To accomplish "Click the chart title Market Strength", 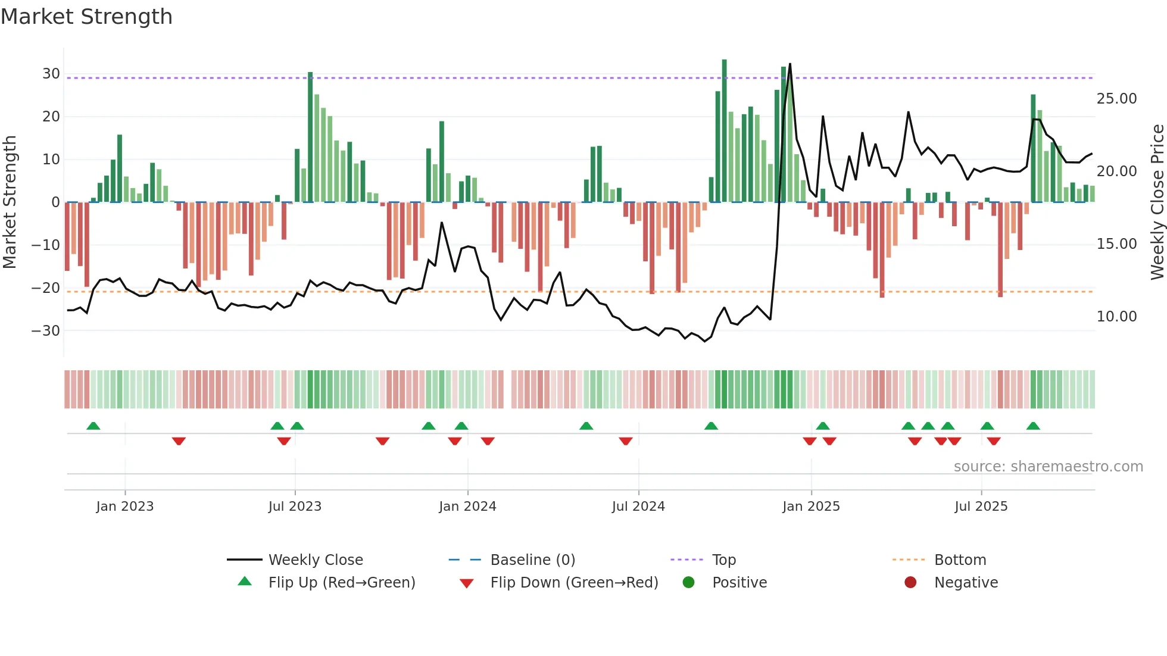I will [x=87, y=17].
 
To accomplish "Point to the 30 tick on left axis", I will [x=51, y=74].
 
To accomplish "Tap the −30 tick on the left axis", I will [x=46, y=330].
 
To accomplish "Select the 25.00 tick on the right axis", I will [x=1116, y=99].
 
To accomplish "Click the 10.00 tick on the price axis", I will [x=1116, y=317].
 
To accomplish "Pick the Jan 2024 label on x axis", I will [x=467, y=507].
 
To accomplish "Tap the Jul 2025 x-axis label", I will [x=981, y=507].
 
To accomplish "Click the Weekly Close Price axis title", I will [x=1157, y=202].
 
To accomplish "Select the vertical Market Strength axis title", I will [x=10, y=202].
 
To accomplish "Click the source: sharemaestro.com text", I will [x=1048, y=467].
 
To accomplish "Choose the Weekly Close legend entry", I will [x=316, y=560].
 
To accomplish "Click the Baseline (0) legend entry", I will [x=532, y=560].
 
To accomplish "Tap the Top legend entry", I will [x=724, y=560].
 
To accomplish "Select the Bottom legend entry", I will [x=960, y=560].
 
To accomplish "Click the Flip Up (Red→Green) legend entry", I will [x=342, y=583].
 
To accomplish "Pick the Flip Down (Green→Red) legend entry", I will [x=574, y=583].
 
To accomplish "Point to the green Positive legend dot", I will [x=689, y=583].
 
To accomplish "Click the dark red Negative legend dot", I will [x=910, y=583].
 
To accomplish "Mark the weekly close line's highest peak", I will [x=790, y=64].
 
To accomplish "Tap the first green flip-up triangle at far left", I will [x=93, y=426].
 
